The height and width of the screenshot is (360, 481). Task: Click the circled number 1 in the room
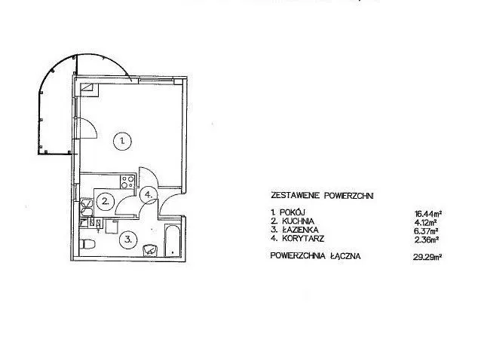click(122, 141)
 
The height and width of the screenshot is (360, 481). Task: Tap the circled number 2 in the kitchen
click(106, 201)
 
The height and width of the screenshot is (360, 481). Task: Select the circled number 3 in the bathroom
click(128, 239)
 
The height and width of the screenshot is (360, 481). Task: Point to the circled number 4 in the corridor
click(149, 194)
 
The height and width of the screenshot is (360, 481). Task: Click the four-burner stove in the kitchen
click(127, 182)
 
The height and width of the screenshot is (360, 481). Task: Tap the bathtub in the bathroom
click(173, 240)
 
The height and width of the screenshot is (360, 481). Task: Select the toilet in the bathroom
click(87, 244)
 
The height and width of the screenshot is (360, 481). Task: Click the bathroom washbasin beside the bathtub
click(150, 249)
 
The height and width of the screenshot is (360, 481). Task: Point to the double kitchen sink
click(86, 207)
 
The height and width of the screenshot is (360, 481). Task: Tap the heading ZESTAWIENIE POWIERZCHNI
click(322, 195)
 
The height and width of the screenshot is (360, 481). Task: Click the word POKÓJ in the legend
click(293, 212)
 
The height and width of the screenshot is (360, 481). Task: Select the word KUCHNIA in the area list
click(298, 221)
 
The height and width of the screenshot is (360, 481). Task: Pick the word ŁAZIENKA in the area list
click(300, 230)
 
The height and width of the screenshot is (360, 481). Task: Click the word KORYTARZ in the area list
click(303, 238)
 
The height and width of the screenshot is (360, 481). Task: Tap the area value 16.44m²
click(428, 213)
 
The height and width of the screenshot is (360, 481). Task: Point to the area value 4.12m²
click(428, 222)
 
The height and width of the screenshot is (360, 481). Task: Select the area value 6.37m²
click(426, 230)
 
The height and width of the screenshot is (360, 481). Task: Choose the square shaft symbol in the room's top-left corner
click(89, 90)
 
